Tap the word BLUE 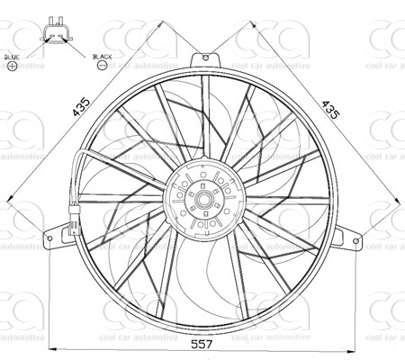12,57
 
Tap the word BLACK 101,57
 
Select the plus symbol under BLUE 12,67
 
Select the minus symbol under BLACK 101,67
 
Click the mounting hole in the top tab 206,60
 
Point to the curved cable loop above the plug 79,171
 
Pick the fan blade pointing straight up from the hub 206,117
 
